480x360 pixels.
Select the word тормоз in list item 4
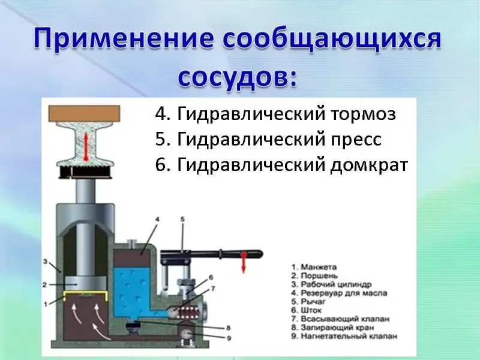[x=364, y=114]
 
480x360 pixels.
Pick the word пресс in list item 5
[x=356, y=140]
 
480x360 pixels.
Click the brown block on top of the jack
[x=84, y=113]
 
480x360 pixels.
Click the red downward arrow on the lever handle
[x=244, y=262]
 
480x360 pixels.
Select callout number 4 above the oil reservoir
[x=157, y=220]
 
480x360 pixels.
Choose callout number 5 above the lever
[x=182, y=220]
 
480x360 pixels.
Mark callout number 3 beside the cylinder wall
[x=45, y=262]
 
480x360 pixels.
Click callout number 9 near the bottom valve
[x=229, y=338]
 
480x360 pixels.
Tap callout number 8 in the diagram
[x=228, y=328]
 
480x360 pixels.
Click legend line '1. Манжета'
[x=314, y=267]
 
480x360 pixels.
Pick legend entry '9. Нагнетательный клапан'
[x=344, y=336]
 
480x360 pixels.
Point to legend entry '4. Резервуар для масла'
[x=339, y=293]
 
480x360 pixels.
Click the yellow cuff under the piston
[x=85, y=295]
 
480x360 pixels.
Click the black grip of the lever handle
[x=242, y=254]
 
